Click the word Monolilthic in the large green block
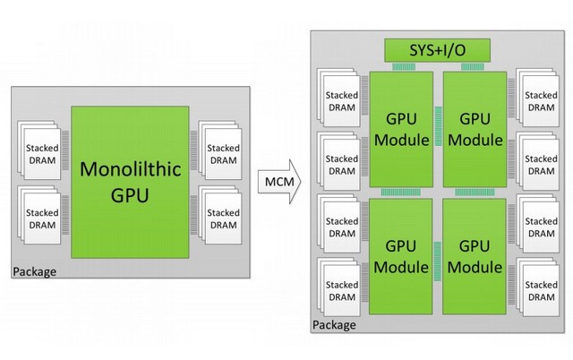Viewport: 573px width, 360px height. click(131, 167)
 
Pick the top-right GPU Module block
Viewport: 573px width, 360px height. click(474, 131)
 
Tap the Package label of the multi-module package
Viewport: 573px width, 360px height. click(334, 324)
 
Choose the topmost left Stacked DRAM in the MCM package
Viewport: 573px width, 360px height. click(340, 101)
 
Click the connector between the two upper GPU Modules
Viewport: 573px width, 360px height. click(439, 131)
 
